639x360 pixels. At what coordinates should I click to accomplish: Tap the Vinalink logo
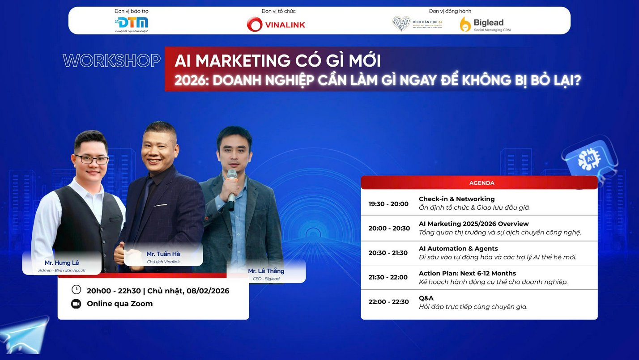(276, 24)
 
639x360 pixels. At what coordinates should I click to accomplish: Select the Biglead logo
(485, 24)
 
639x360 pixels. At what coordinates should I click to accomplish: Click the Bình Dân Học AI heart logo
(401, 23)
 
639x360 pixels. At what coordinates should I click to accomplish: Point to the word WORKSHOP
(112, 61)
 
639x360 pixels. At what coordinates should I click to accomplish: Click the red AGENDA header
(479, 183)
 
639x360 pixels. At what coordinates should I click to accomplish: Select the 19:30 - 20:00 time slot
(388, 204)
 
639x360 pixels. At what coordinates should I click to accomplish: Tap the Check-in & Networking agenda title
(456, 199)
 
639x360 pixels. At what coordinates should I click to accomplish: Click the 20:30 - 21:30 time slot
(388, 253)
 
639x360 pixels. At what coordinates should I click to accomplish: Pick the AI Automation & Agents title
(458, 249)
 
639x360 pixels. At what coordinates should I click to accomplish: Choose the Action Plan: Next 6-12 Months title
(467, 273)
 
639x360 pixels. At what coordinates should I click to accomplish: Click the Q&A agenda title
(426, 298)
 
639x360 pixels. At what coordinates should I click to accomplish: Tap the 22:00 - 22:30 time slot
(388, 302)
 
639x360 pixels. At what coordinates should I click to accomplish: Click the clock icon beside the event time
(76, 290)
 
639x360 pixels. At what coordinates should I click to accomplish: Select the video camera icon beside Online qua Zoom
(76, 304)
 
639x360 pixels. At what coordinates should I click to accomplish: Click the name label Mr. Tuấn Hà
(163, 254)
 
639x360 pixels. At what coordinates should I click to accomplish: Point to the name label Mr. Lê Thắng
(266, 271)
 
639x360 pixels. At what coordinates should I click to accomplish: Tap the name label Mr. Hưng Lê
(62, 263)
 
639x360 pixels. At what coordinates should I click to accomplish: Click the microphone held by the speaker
(231, 188)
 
